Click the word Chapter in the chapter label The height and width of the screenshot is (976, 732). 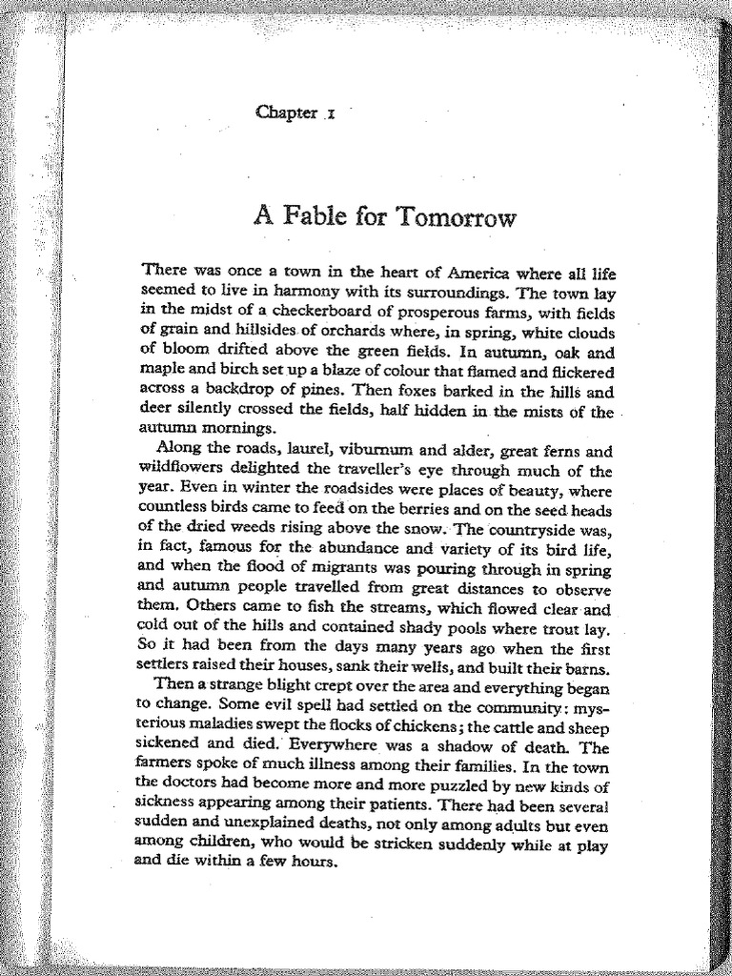pos(286,112)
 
